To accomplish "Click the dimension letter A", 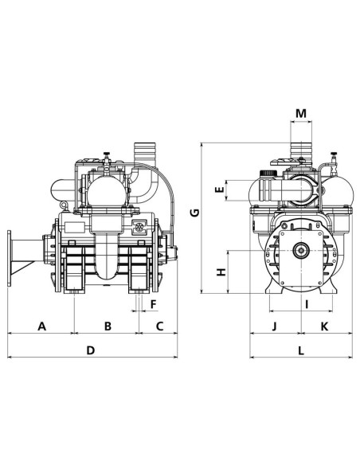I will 41,326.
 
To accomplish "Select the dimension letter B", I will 107,326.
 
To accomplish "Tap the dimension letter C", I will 159,326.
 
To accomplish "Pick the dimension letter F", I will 153,303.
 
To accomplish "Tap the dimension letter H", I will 222,272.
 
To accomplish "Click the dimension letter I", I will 304,303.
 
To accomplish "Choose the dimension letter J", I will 275,326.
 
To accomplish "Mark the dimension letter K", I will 323,326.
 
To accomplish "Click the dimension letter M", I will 299,113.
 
